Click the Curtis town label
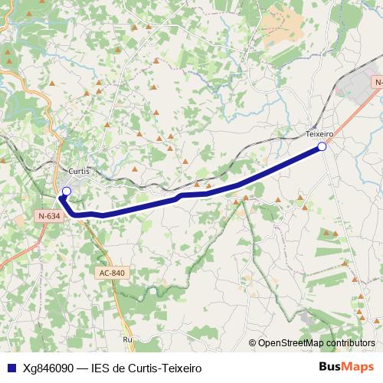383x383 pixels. click(79, 171)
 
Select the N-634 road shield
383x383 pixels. click(48, 217)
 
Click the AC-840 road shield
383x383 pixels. click(111, 273)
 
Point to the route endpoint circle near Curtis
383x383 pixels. click(66, 191)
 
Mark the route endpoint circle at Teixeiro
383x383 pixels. click(322, 146)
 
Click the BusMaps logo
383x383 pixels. click(345, 367)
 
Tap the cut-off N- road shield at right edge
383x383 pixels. click(378, 81)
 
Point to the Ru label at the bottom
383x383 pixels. click(127, 339)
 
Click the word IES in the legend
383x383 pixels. click(100, 368)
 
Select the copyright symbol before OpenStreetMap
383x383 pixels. click(253, 343)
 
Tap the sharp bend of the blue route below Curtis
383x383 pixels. click(62, 200)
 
